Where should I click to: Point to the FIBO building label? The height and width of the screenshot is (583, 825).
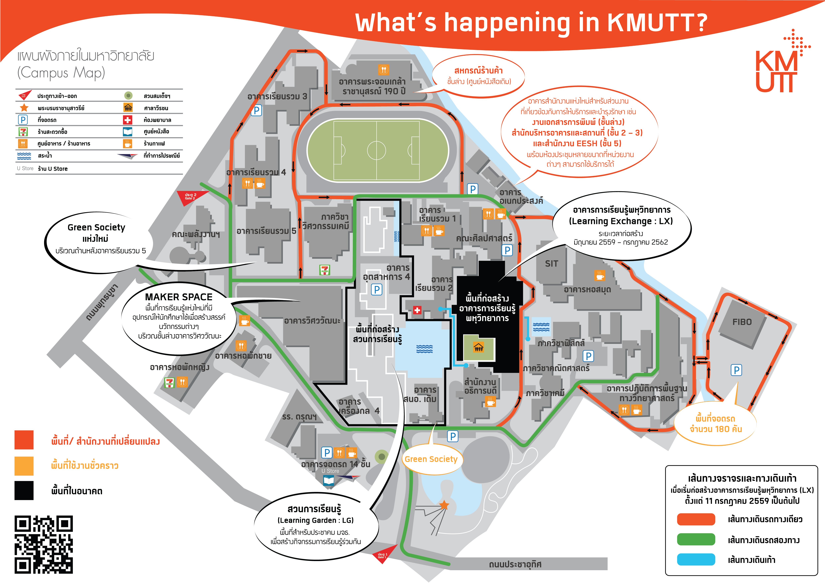coord(742,322)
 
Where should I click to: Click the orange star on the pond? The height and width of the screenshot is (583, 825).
coord(445,505)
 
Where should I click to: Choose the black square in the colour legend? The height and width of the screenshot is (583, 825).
coord(24,490)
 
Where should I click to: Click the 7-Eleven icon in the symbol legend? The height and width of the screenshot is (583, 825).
coord(23,132)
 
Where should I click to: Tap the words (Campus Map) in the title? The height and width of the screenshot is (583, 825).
coord(61,72)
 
